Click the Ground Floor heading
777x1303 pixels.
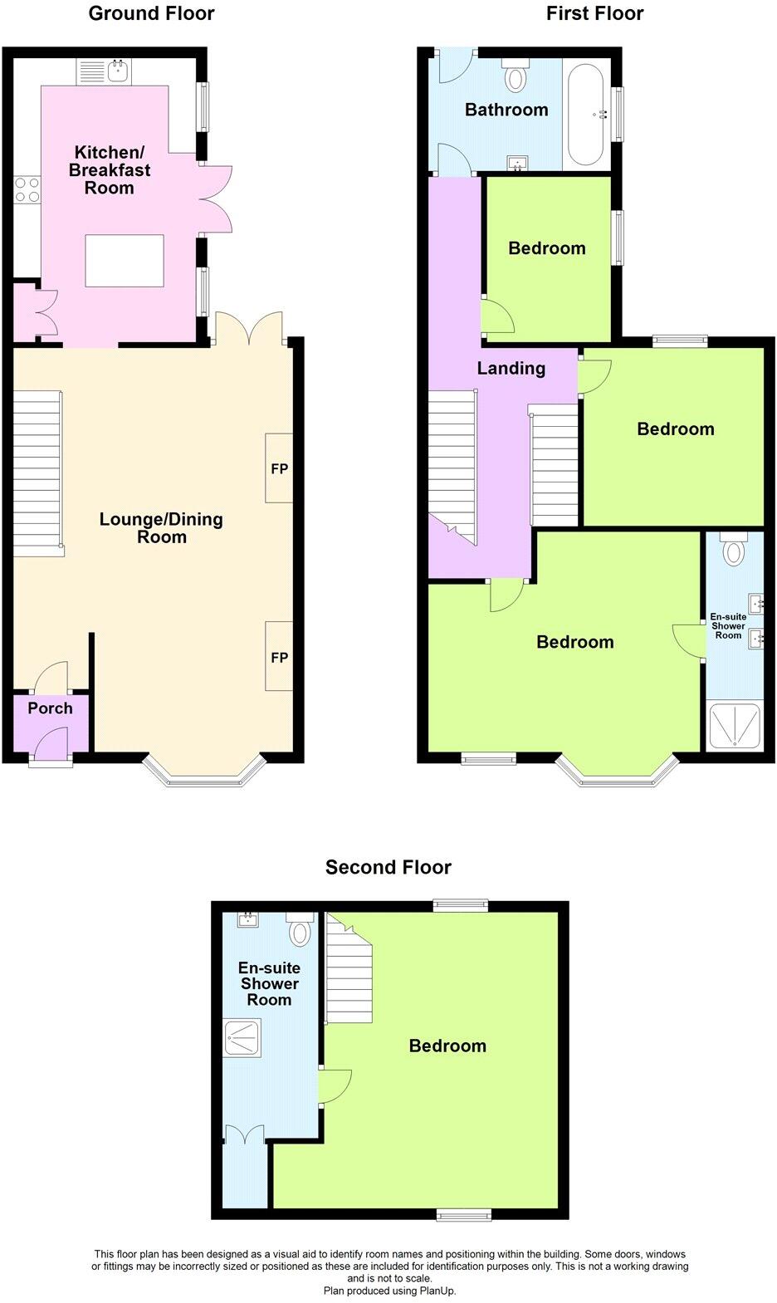151,13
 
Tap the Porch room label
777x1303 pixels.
50,708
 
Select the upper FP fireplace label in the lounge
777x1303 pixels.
279,468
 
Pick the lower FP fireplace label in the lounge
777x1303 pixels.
279,658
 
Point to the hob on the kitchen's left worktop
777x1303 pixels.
27,189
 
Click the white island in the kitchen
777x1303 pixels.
125,261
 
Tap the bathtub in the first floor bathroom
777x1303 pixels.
587,114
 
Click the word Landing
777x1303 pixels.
511,368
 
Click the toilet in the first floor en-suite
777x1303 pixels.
734,549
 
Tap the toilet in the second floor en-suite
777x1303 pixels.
299,929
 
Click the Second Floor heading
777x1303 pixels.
388,868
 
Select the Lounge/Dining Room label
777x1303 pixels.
161,528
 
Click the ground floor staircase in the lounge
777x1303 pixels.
37,473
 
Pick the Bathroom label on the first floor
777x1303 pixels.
506,110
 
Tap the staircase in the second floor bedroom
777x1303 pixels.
349,972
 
